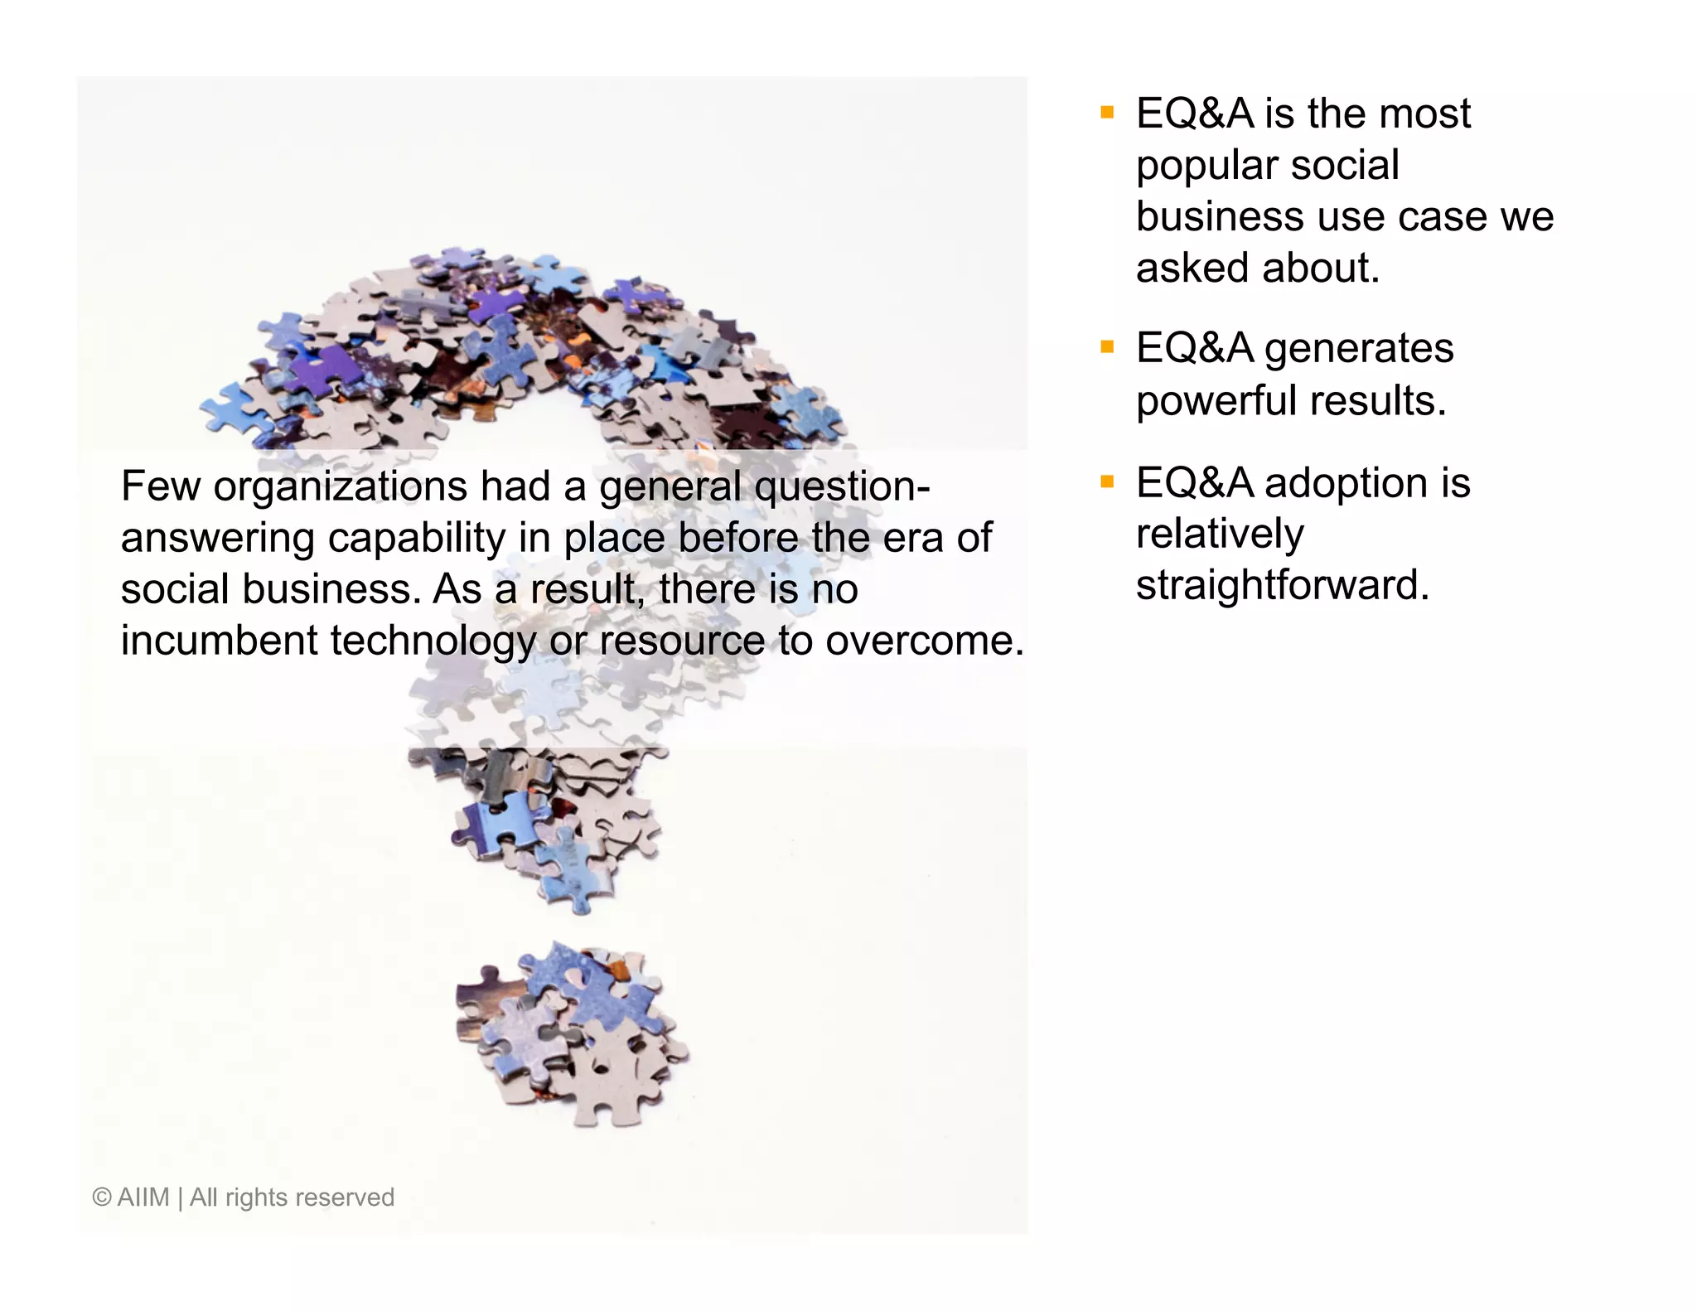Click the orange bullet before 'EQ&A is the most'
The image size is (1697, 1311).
pos(1107,113)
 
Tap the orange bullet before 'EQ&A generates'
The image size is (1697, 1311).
pos(1107,347)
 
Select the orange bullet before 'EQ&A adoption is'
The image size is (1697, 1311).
pos(1107,481)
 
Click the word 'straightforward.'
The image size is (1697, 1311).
pos(1282,585)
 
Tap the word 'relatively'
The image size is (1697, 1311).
pos(1219,534)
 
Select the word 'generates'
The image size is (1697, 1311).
pos(1358,349)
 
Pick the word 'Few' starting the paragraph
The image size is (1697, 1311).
pos(160,486)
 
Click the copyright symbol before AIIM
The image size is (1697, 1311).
pos(102,1197)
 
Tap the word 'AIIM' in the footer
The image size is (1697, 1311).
pos(143,1197)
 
